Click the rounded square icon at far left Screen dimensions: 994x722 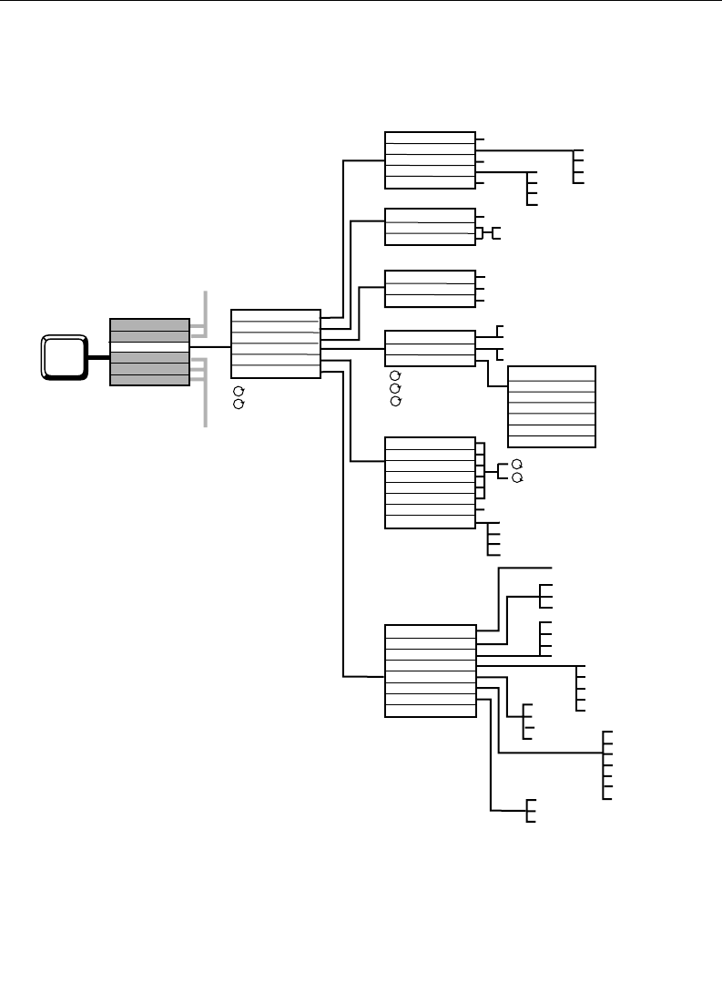coord(63,356)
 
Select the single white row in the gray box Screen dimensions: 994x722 coord(149,346)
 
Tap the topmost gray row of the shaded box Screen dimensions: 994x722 coord(149,324)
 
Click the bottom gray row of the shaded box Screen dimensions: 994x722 coord(149,380)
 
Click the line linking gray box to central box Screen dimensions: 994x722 coord(210,346)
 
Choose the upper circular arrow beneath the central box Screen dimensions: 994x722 coord(239,392)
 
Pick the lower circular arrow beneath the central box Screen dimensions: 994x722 coord(239,404)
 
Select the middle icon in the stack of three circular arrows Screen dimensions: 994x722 coord(394,388)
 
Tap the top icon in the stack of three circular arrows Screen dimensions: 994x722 coord(394,376)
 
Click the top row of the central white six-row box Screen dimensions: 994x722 coord(275,316)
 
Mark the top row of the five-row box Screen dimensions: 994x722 coord(430,138)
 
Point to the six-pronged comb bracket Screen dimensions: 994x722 coord(605,765)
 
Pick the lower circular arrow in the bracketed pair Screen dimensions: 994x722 coord(517,478)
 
